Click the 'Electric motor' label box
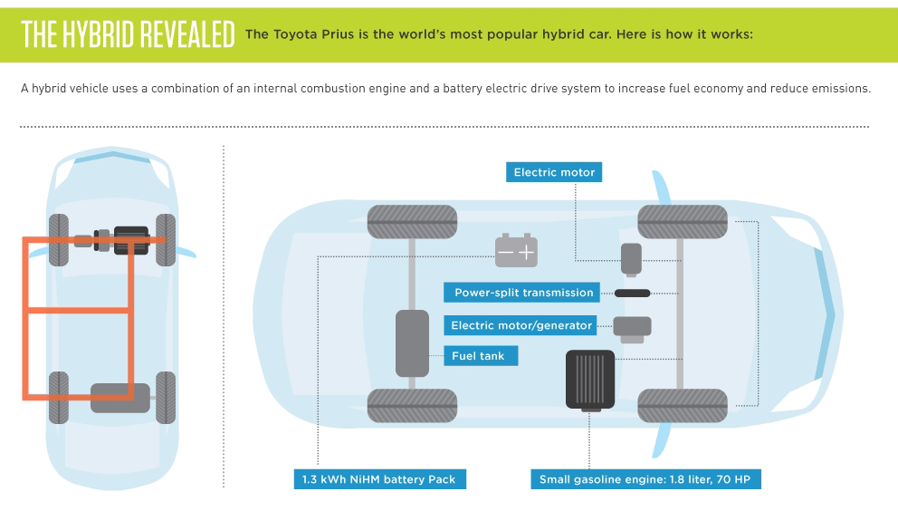coord(554,172)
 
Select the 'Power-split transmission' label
coord(522,293)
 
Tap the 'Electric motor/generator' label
coord(520,325)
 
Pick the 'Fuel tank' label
coord(481,355)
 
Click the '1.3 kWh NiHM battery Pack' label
coord(379,479)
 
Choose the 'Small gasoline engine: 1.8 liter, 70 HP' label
coord(645,479)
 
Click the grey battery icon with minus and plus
coord(516,251)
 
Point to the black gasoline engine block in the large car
coord(590,381)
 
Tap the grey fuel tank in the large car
coord(413,343)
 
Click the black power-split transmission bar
coord(632,293)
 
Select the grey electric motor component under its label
coord(631,260)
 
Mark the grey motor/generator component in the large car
coord(632,329)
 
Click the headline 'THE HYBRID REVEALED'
coord(128,34)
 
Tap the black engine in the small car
coord(132,240)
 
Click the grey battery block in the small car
coord(120,398)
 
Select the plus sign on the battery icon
coord(526,252)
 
